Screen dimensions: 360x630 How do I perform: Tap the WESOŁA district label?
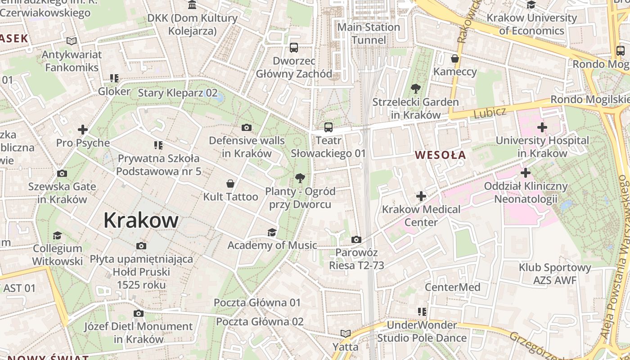coord(440,155)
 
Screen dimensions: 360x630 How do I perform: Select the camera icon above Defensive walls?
coord(246,128)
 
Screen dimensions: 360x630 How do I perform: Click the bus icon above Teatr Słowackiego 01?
coord(328,127)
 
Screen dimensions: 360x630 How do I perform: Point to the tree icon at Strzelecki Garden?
coord(415,89)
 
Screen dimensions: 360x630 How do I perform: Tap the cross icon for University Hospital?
coord(542,127)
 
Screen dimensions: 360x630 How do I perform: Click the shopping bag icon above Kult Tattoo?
coord(230,184)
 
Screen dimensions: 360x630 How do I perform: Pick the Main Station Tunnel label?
coord(369,34)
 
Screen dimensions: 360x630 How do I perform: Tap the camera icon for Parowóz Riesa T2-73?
coord(356,239)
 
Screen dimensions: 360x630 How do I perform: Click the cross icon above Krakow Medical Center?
coord(421,196)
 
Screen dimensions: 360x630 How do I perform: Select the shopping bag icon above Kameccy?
coord(454,58)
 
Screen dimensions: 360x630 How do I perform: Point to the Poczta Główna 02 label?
coord(260,322)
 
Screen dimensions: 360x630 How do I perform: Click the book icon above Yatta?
coord(345,333)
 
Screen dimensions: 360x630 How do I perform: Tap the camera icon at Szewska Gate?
coord(62,173)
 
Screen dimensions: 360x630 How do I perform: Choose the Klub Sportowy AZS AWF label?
coord(554,274)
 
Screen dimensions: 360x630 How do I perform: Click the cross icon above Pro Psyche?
coord(83,130)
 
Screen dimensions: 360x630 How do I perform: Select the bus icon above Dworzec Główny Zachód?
coord(294,47)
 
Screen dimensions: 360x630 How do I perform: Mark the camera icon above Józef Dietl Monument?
coord(139,313)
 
